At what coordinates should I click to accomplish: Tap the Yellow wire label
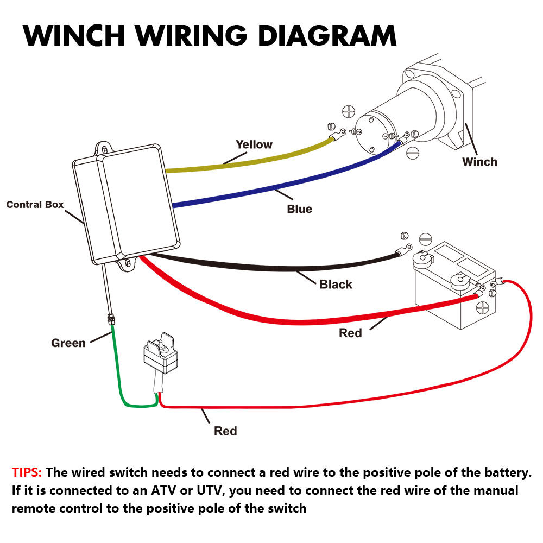click(254, 144)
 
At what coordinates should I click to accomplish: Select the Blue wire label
click(299, 209)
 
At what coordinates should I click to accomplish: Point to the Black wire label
click(336, 284)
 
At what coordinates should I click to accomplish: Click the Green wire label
click(68, 343)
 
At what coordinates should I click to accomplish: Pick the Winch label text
click(479, 161)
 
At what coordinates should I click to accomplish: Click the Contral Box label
click(35, 205)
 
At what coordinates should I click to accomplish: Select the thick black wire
click(271, 266)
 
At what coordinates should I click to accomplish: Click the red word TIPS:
click(27, 472)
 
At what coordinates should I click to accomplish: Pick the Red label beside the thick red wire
click(350, 333)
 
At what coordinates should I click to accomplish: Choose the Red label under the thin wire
click(225, 431)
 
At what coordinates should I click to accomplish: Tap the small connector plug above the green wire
click(112, 319)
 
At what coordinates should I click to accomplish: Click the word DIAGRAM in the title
click(327, 35)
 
